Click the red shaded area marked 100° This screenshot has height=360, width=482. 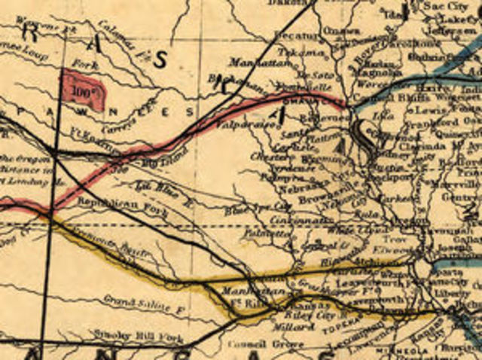[83, 89]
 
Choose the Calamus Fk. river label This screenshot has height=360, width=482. [117, 32]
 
